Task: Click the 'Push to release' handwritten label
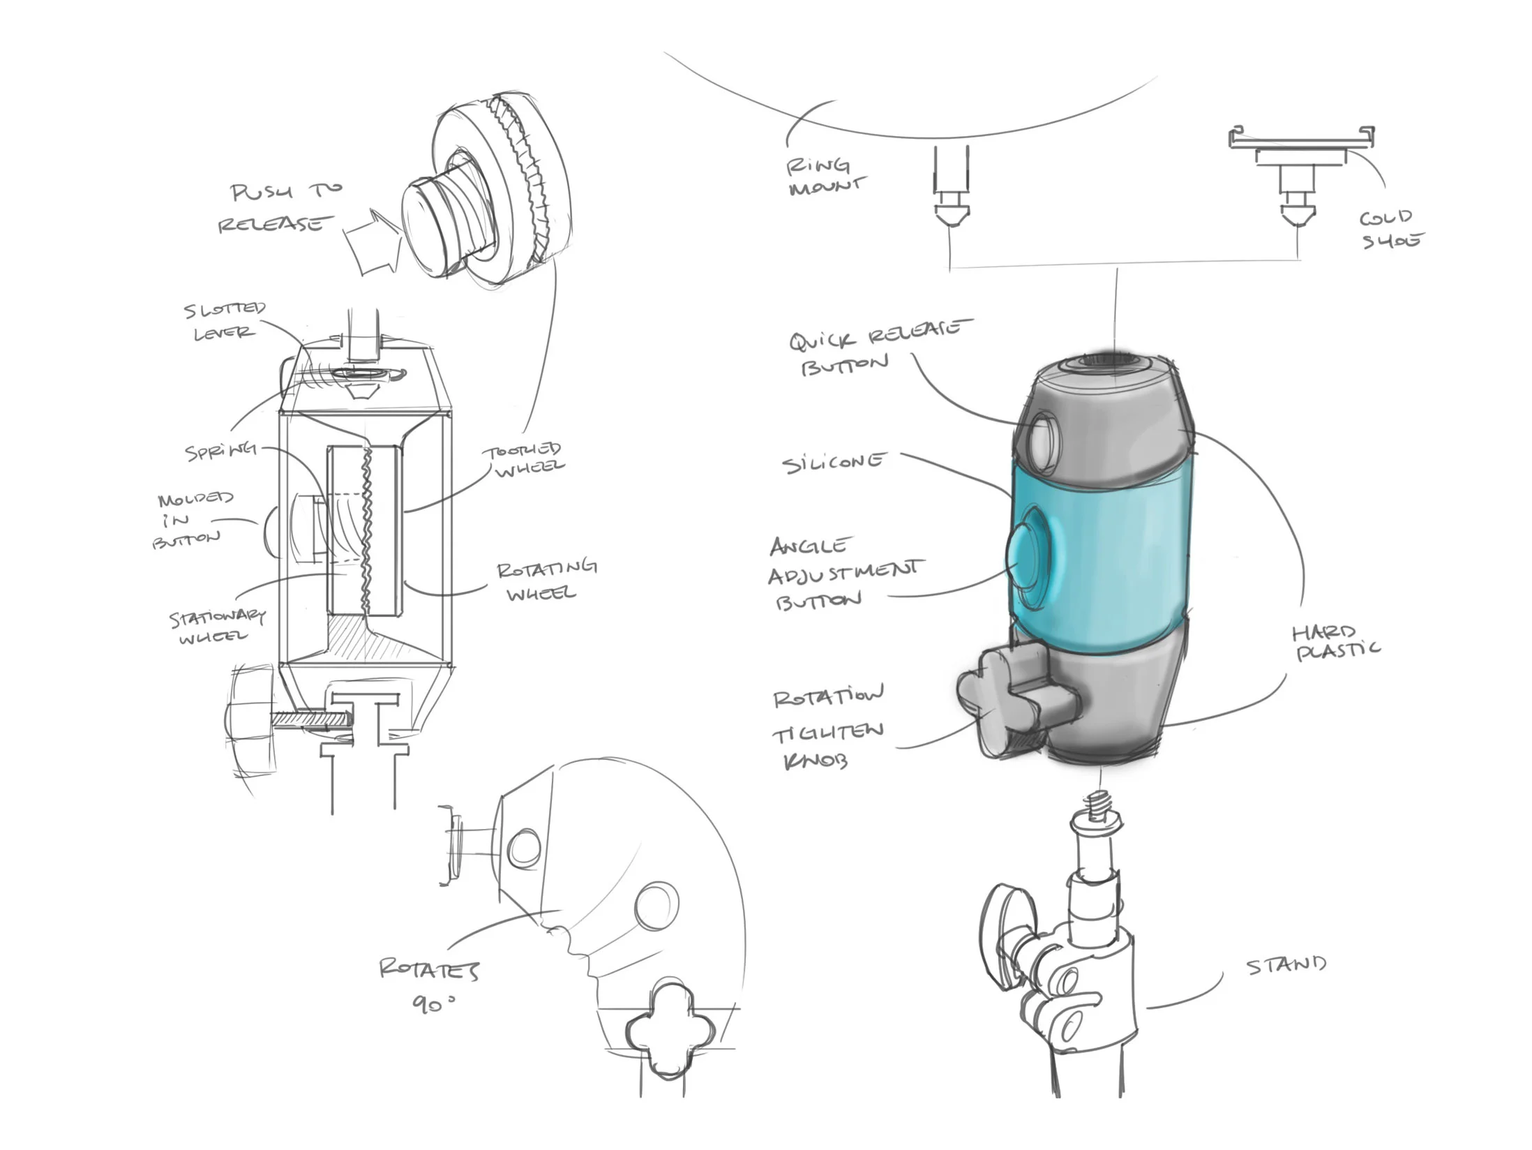pyautogui.click(x=279, y=207)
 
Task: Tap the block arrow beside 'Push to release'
pyautogui.click(x=373, y=241)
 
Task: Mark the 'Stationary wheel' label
pyautogui.click(x=216, y=626)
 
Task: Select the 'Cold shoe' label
pyautogui.click(x=1390, y=229)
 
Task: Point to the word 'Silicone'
pyautogui.click(x=834, y=463)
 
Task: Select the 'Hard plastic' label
pyautogui.click(x=1334, y=642)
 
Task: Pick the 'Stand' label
pyautogui.click(x=1285, y=965)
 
